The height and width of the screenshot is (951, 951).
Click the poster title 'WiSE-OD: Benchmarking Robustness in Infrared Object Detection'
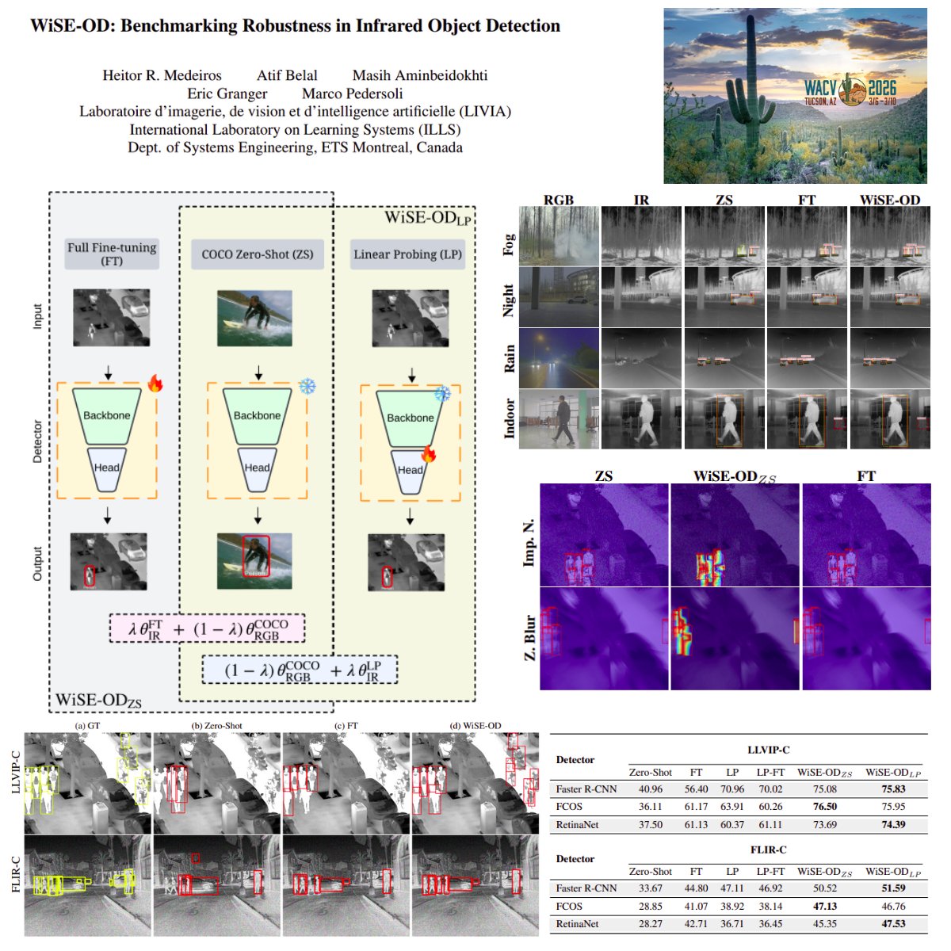[295, 26]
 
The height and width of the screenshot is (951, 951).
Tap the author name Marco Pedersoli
[352, 94]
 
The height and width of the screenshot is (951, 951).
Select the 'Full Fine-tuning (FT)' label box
[112, 254]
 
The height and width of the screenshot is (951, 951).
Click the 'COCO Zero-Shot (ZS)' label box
[258, 254]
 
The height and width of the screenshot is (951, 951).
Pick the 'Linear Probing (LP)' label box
[407, 254]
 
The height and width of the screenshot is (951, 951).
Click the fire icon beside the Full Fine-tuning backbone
[155, 384]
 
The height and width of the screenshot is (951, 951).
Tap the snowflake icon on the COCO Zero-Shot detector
[307, 387]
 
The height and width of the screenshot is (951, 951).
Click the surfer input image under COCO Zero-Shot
[254, 318]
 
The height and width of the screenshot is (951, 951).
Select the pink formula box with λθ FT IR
[208, 629]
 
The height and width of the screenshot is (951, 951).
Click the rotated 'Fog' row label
[509, 244]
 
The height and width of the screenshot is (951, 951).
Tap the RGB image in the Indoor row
[559, 419]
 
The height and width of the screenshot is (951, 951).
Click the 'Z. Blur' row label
[529, 637]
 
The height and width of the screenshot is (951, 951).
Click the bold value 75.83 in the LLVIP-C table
[893, 789]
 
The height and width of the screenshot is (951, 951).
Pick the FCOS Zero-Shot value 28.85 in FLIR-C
[650, 907]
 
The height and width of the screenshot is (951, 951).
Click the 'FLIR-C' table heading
[767, 850]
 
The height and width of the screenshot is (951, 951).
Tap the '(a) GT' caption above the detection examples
[87, 726]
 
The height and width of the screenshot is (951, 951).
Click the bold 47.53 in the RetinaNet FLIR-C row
[893, 924]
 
